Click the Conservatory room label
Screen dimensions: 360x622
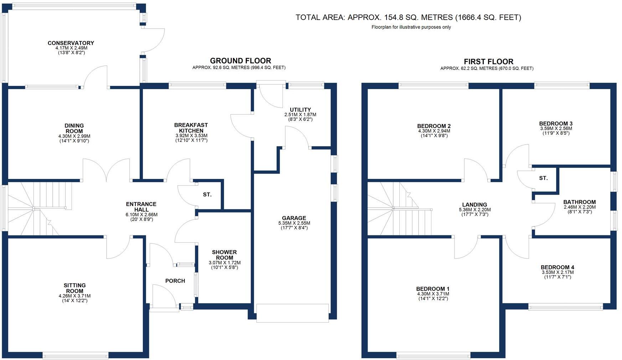click(71, 43)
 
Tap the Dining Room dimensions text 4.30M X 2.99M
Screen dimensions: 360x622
click(74, 136)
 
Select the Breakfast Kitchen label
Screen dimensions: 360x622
click(191, 128)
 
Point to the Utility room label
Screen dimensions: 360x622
click(300, 110)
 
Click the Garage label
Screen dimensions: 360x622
click(294, 218)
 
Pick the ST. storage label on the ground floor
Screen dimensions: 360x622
click(207, 195)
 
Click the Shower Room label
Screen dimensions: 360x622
click(224, 255)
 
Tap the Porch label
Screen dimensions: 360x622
click(175, 281)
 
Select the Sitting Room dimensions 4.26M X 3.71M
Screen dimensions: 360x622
click(74, 296)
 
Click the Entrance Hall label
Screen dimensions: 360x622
click(141, 207)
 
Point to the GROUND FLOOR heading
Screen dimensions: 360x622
click(240, 61)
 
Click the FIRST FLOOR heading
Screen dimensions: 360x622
click(488, 62)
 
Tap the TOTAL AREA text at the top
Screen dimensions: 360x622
click(408, 17)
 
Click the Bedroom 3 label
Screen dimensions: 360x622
click(556, 124)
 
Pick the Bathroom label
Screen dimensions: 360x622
click(579, 202)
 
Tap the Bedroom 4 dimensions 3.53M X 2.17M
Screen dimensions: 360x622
click(558, 272)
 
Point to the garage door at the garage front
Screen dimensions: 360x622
click(292, 313)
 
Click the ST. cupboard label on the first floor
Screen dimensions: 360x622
click(543, 178)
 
